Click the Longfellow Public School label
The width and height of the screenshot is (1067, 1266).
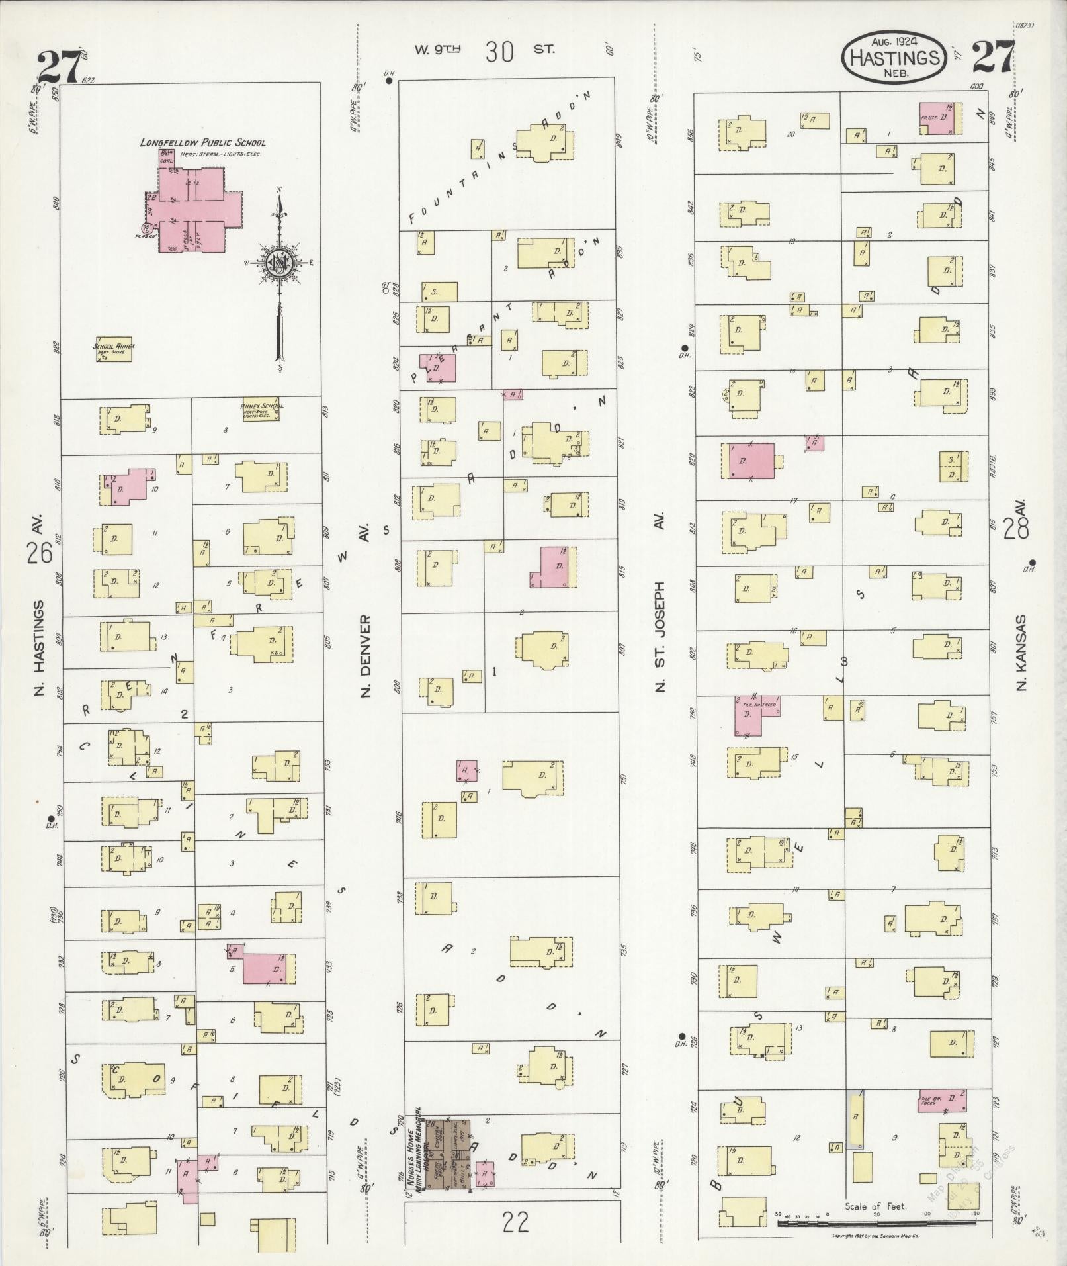click(x=202, y=142)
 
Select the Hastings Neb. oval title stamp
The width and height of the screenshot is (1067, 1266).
click(x=894, y=58)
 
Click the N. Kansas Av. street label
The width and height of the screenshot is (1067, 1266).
click(x=1022, y=652)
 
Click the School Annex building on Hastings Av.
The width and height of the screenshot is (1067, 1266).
click(x=114, y=351)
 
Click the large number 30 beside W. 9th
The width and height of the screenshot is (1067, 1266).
click(x=499, y=51)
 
